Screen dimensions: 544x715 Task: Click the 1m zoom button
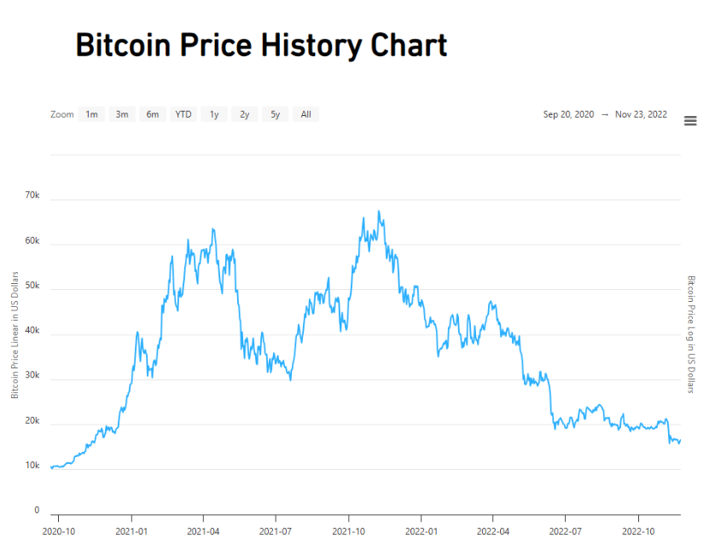pos(91,114)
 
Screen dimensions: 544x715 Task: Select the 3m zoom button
pos(122,114)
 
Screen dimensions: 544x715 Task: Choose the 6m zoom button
pos(153,114)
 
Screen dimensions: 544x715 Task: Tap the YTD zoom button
pos(183,114)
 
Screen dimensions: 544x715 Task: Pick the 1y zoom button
pos(214,114)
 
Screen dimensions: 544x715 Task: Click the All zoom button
pos(305,114)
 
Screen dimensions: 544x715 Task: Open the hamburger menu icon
pos(690,121)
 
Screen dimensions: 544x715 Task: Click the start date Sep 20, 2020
pos(567,114)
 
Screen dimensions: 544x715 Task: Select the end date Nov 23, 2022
pos(641,114)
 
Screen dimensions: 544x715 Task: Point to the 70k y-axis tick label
pos(32,195)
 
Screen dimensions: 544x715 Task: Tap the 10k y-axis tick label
pos(32,466)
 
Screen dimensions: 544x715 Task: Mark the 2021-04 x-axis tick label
pos(203,530)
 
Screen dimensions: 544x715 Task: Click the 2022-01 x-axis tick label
pos(421,530)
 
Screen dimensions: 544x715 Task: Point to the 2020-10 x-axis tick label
pos(58,530)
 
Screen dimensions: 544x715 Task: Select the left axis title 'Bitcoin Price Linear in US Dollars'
pos(15,334)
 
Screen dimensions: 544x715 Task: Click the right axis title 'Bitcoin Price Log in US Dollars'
pos(692,334)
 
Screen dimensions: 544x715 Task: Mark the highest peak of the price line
pos(379,211)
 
